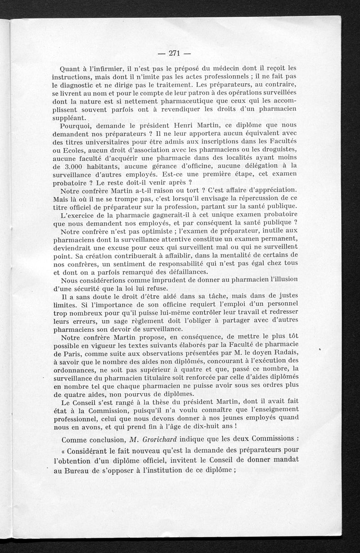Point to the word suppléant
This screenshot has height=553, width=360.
pos(68,118)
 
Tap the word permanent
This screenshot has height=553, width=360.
pos(277,240)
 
